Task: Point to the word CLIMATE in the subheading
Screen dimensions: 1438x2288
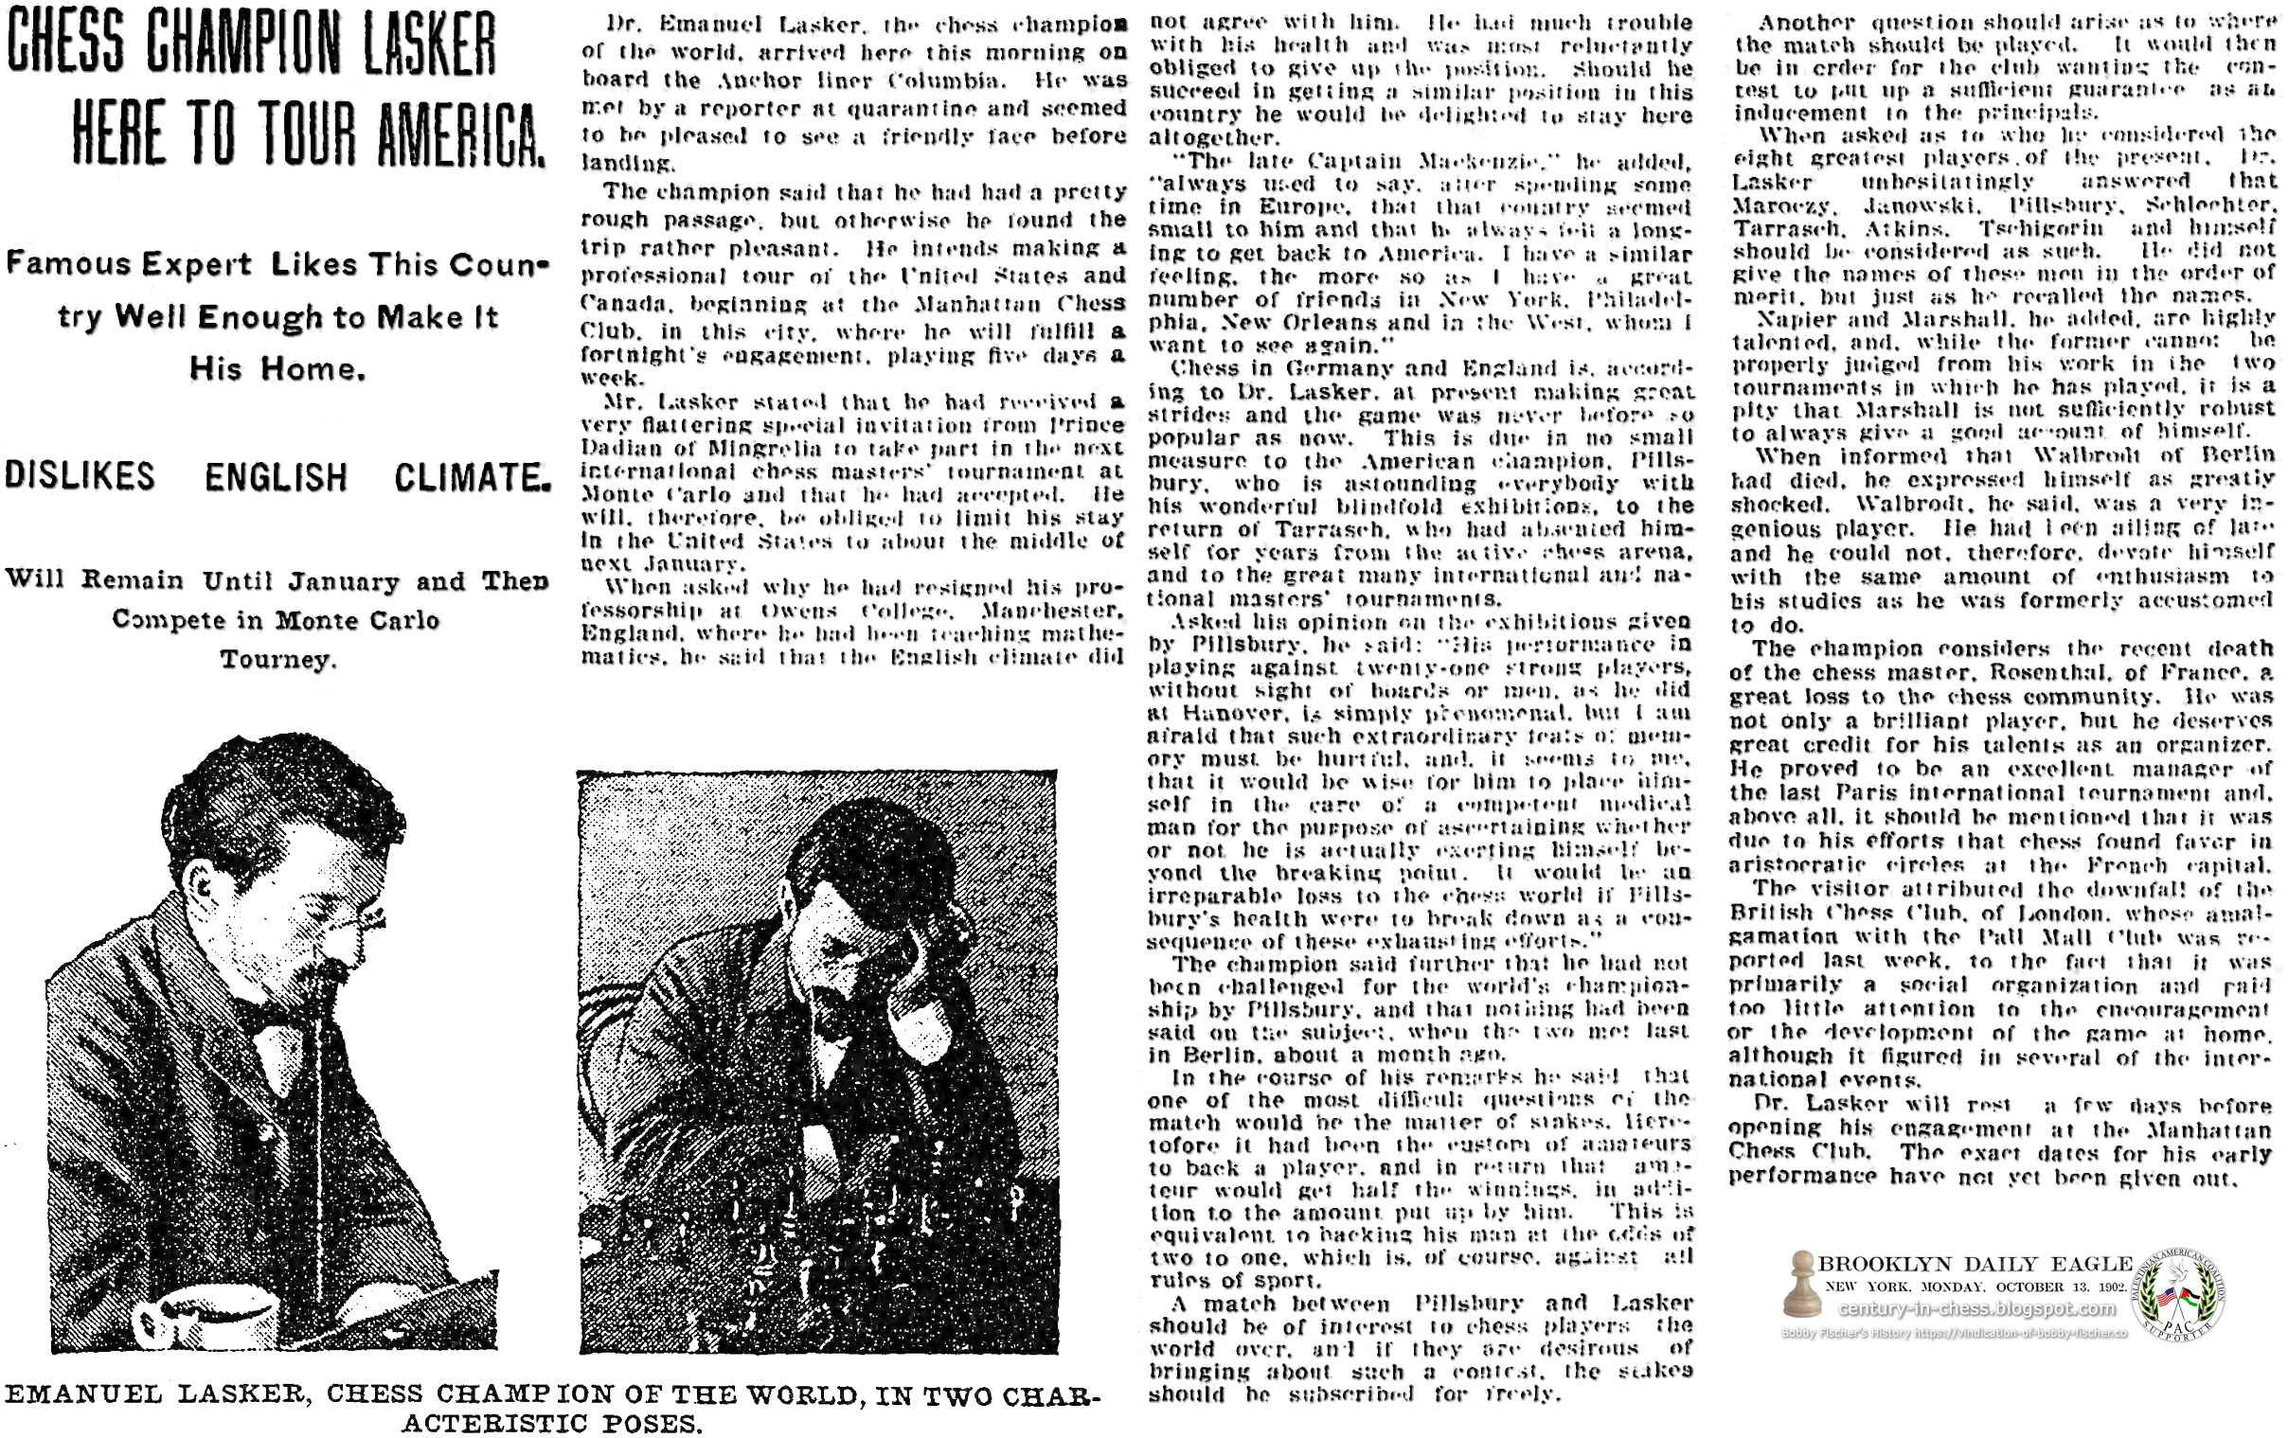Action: [473, 477]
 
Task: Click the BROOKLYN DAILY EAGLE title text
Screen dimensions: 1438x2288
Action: [1975, 1264]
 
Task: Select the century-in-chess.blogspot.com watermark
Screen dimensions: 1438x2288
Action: [1976, 1309]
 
